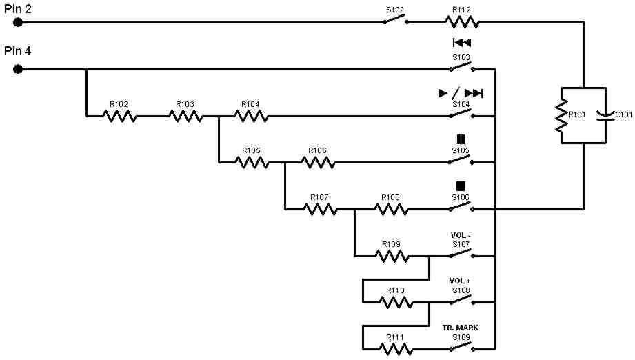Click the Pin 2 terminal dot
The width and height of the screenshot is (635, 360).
pos(18,22)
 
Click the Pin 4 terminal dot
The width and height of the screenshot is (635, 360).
pos(18,69)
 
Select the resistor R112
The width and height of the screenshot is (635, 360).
pos(461,22)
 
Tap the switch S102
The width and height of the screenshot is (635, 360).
pos(396,21)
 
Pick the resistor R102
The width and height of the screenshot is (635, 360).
pos(119,117)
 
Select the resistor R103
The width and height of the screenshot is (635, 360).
pos(185,117)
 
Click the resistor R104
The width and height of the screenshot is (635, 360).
pos(251,117)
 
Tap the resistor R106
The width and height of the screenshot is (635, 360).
pos(318,163)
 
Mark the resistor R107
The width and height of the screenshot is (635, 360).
pos(320,209)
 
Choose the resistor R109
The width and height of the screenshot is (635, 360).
pos(391,256)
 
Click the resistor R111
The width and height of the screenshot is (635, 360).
pos(395,349)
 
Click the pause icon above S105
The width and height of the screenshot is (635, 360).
pos(461,139)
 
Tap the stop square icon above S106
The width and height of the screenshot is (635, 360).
pos(461,186)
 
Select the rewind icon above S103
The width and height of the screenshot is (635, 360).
pos(461,43)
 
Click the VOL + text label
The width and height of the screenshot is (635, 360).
pos(461,281)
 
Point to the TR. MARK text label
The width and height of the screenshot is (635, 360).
pos(461,328)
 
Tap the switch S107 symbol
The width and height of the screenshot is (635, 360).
pos(461,254)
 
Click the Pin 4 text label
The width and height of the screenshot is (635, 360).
pos(17,51)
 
